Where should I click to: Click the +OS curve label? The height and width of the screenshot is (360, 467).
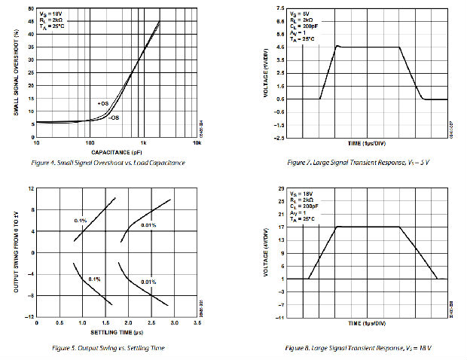pos(103,102)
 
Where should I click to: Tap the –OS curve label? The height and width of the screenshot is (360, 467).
pos(112,117)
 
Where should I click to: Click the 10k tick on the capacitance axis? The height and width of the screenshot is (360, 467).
pos(196,142)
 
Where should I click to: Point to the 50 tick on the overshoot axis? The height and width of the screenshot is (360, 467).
pos(29,9)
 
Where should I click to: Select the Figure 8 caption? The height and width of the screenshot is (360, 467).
pos(359,348)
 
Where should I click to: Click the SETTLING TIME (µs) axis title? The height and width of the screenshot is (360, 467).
pos(116,333)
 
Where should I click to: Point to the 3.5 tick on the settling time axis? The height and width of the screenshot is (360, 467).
pos(197,322)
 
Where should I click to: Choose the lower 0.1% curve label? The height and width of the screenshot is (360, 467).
pos(95,279)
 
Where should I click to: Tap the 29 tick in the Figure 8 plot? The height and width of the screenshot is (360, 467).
pos(281,188)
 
